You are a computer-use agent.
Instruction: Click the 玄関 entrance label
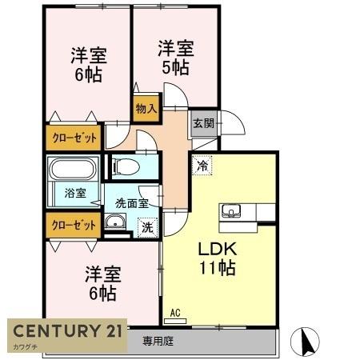tap(202, 124)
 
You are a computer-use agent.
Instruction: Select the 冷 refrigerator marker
tap(202, 166)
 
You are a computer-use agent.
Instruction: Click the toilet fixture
tap(123, 166)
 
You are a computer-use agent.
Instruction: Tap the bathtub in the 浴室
tap(73, 169)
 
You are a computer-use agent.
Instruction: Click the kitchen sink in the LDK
tap(233, 212)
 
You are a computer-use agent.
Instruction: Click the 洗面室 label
tap(132, 202)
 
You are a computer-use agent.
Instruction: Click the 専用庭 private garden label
tap(158, 340)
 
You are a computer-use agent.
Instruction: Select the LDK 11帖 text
tap(217, 258)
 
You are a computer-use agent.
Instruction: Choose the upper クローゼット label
tap(74, 138)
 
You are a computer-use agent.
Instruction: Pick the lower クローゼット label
tap(74, 225)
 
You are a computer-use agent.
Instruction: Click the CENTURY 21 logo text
tap(67, 331)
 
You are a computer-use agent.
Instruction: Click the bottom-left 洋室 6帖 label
tap(102, 283)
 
